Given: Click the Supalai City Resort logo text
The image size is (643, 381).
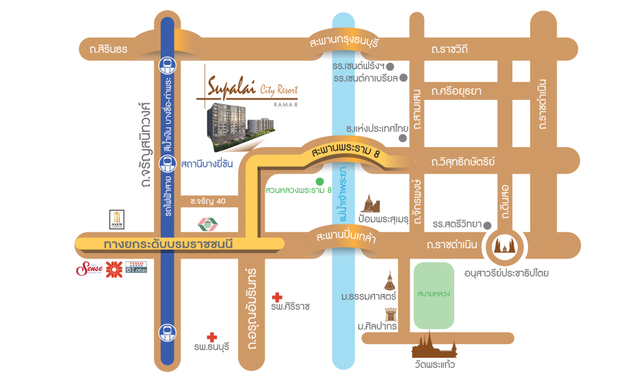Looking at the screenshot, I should pos(251,90).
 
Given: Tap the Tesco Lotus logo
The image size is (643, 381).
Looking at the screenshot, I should pos(135,266).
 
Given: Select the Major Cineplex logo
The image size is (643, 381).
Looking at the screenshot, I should pos(116,220).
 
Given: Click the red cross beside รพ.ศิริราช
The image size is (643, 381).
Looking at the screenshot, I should pos(277,298).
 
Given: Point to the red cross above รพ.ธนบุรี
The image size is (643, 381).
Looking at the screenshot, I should pos(212,337).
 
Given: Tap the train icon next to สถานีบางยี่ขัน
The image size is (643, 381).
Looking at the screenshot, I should pos(166,163).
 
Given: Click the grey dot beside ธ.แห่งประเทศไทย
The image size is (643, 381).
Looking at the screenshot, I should pos(402,137).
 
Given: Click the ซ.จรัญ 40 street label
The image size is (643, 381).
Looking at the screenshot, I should pos(209,201).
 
